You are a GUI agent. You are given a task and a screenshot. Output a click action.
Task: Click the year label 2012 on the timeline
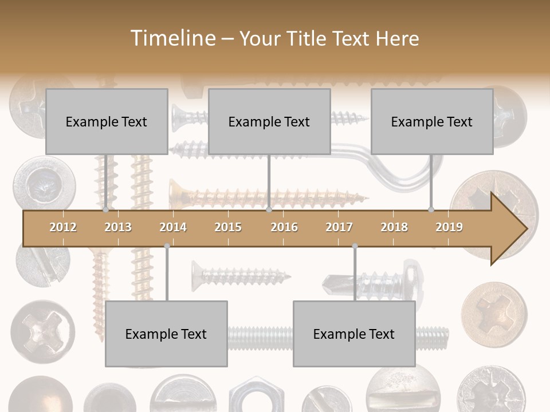[x=63, y=227]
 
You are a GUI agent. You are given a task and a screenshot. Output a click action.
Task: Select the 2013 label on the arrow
[x=118, y=227]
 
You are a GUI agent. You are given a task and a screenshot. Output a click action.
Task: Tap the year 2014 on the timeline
[x=173, y=227]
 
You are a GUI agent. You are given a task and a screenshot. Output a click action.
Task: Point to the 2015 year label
[x=228, y=227]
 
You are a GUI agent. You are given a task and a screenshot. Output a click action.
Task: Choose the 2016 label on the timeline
[x=284, y=227]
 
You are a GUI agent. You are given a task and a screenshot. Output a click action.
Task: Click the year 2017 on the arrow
[x=339, y=227]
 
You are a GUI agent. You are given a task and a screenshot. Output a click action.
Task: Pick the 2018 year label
[x=394, y=227]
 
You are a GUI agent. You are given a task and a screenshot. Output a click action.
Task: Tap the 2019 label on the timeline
[x=449, y=227]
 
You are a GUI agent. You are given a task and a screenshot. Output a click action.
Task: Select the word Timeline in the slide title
[x=172, y=38]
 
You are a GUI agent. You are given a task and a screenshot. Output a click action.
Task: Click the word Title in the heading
[x=308, y=39]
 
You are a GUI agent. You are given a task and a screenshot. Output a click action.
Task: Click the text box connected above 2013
[x=107, y=121]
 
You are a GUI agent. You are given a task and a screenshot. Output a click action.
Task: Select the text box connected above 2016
[x=269, y=121]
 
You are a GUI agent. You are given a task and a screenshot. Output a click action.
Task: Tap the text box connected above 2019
[x=432, y=121]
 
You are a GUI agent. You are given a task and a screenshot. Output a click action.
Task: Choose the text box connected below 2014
[x=166, y=334]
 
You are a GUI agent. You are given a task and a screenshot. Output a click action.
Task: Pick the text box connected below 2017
[x=354, y=334]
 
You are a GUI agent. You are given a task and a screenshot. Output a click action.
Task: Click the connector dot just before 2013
[x=105, y=210]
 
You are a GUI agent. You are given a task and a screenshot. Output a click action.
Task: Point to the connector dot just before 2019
[x=431, y=210]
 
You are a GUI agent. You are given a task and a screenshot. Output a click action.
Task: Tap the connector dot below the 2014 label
[x=167, y=246]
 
